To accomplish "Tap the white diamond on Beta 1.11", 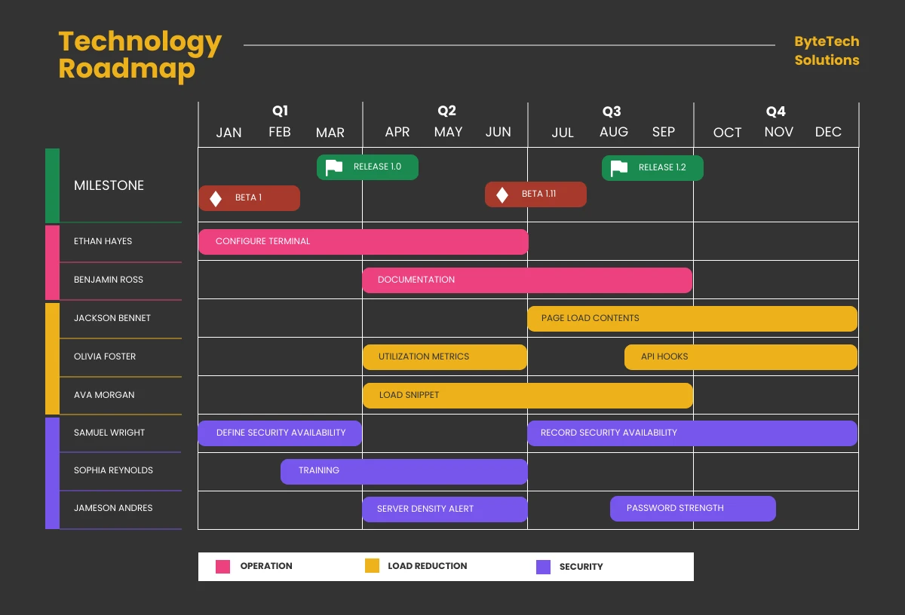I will tap(502, 195).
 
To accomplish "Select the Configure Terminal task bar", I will tap(363, 242).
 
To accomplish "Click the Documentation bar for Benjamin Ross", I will tap(526, 280).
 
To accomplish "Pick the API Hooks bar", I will tap(740, 357).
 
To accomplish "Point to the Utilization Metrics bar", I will tap(444, 357).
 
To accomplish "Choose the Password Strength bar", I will tap(692, 509).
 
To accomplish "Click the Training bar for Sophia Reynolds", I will tap(403, 471).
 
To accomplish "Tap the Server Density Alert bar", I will tap(444, 509).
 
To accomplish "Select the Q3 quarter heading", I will tap(611, 112).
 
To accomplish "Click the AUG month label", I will tap(613, 132).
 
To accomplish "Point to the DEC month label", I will tap(828, 132).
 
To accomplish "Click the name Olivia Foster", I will tap(105, 356).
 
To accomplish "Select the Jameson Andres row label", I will tap(113, 508).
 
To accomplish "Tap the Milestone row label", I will tap(109, 185).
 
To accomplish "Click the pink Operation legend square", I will tap(222, 567).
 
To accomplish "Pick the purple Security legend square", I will tap(543, 567).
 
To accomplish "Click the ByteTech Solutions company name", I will tap(827, 51).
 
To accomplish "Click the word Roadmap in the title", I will tap(126, 69).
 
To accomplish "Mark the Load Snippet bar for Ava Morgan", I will tap(527, 396).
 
